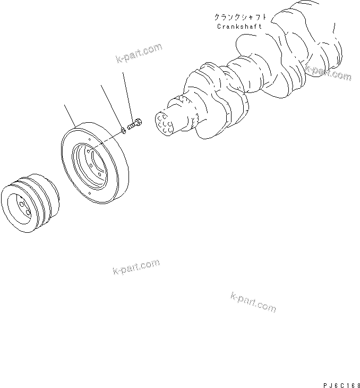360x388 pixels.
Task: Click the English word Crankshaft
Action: pyautogui.click(x=239, y=26)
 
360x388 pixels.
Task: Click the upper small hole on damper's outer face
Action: pyautogui.click(x=91, y=140)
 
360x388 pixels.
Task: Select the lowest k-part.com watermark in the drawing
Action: pyautogui.click(x=253, y=302)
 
